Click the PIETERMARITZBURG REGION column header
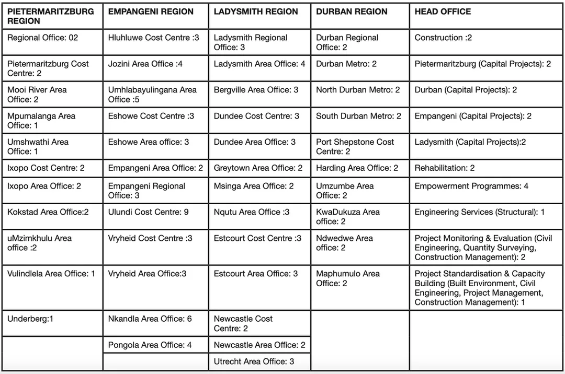(x=51, y=16)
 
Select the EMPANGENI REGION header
(x=151, y=11)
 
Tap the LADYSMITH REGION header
(x=256, y=11)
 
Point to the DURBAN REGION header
(x=352, y=11)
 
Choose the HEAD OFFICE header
(x=443, y=11)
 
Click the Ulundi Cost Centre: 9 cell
(x=149, y=212)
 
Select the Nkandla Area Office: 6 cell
(x=150, y=319)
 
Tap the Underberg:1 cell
(x=30, y=319)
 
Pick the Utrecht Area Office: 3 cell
(x=254, y=361)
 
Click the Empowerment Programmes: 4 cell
(x=471, y=186)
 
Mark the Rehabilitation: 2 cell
(x=445, y=168)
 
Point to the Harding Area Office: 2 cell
(x=357, y=168)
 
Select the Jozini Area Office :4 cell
(x=145, y=64)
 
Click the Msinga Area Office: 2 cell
(x=254, y=186)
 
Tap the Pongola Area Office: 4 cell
(x=150, y=345)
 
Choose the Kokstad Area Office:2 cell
(x=48, y=212)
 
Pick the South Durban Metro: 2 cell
(x=358, y=116)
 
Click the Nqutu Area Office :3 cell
(x=252, y=212)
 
